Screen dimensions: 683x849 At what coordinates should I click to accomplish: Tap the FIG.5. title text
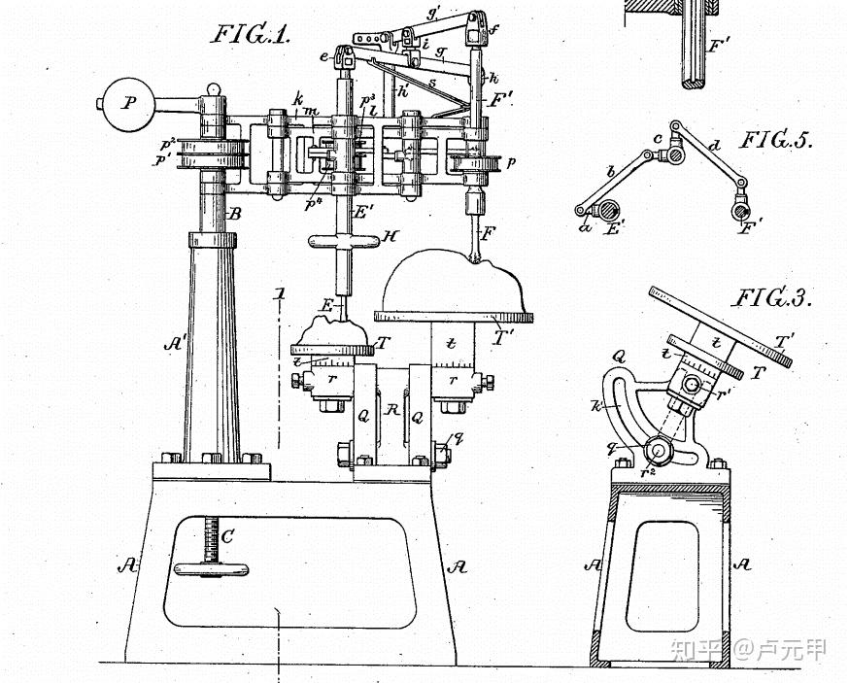(x=777, y=140)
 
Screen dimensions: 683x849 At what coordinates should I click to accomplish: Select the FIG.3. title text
(x=773, y=297)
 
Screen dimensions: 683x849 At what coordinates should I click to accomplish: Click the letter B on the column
(x=234, y=214)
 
